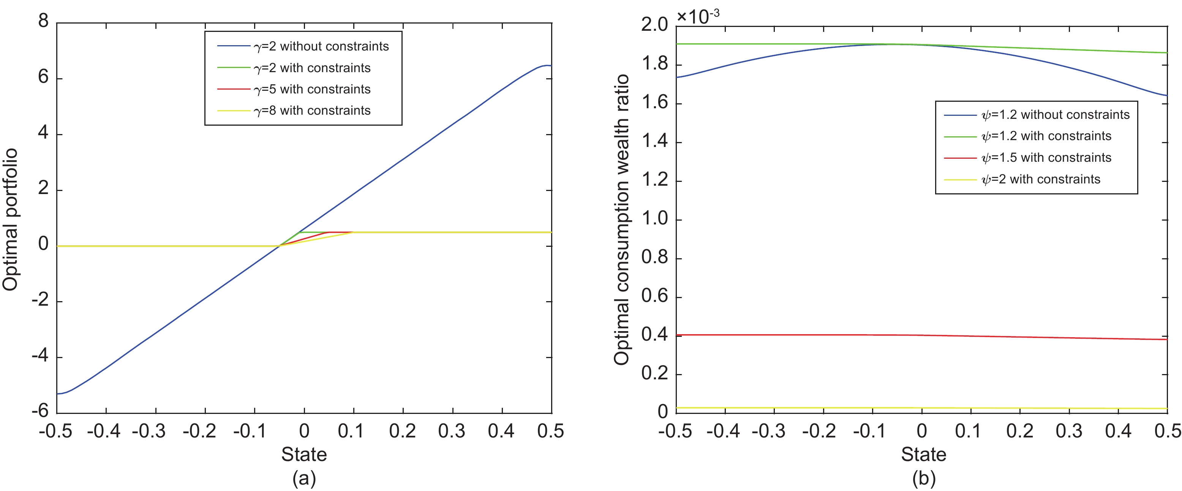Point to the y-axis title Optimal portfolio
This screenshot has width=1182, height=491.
(x=10, y=219)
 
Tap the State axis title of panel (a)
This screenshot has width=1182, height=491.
(x=304, y=454)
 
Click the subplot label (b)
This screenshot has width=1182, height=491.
(x=924, y=478)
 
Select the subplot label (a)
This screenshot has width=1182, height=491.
(x=304, y=478)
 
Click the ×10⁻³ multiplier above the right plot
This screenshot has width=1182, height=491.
(x=698, y=17)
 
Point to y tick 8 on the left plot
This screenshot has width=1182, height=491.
(x=43, y=21)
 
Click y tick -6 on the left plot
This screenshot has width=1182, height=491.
(x=40, y=411)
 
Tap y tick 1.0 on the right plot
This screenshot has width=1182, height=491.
(x=654, y=218)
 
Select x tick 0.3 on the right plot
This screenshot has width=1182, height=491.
(x=1069, y=431)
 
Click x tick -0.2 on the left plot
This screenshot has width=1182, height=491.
(x=199, y=431)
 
